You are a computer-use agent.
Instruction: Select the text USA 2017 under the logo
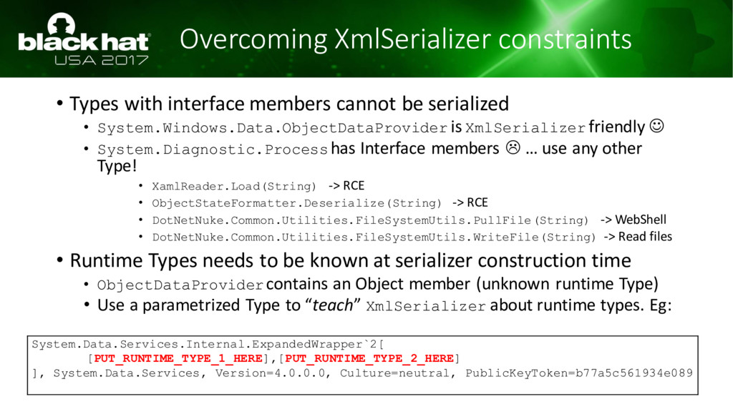tap(102, 60)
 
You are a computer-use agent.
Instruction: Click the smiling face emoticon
tap(657, 126)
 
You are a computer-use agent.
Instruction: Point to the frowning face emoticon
tap(513, 147)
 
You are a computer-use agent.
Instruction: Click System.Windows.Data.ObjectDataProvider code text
tap(272, 128)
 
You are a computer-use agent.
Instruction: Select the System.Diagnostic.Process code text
tap(212, 149)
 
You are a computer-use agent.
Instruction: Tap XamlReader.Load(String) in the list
tap(234, 187)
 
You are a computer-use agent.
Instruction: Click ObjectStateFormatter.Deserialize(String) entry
tap(296, 203)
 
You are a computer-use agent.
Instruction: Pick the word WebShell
tap(641, 220)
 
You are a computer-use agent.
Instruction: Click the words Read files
tap(645, 236)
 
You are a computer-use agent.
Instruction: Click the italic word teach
tap(332, 305)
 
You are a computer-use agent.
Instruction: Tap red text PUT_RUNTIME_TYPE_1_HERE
tap(178, 358)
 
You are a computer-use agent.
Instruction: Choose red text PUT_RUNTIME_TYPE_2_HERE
tap(369, 358)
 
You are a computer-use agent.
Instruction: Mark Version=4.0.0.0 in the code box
tap(270, 373)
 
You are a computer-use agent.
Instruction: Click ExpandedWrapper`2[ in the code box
tap(318, 345)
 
